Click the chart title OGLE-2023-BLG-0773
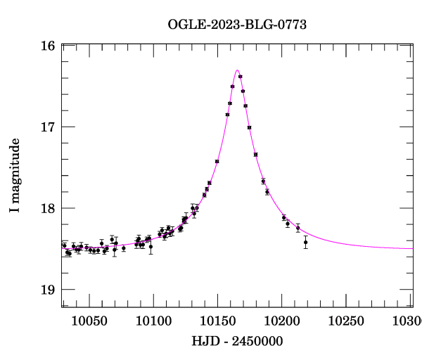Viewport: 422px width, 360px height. point(237,25)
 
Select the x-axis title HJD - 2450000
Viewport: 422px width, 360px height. point(237,341)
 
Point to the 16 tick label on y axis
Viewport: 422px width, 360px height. point(49,46)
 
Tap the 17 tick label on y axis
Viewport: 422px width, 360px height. point(49,127)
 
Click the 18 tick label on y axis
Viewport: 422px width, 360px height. point(49,209)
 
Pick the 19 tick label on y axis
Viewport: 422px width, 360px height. point(49,290)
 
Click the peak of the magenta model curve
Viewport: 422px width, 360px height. point(237,70)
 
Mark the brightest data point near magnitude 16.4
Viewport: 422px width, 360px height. point(240,77)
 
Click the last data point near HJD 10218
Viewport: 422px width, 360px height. point(305,242)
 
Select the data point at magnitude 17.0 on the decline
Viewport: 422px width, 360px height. point(249,127)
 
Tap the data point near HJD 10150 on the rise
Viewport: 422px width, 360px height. point(217,161)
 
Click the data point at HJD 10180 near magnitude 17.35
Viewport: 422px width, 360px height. point(255,155)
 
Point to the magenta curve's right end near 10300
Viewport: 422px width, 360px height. point(411,248)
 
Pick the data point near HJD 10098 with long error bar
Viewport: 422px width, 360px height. point(151,246)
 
